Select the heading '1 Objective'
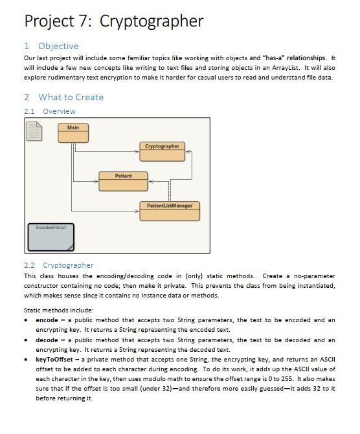click(x=51, y=46)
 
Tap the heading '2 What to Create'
click(x=63, y=97)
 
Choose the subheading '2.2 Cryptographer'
click(x=59, y=265)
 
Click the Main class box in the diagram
click(x=73, y=133)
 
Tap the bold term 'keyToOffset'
click(x=53, y=359)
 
